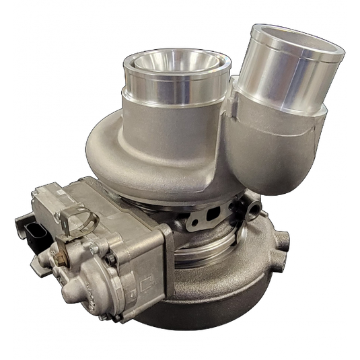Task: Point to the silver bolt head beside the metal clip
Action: pos(94,249)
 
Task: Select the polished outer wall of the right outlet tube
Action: pos(283,74)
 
